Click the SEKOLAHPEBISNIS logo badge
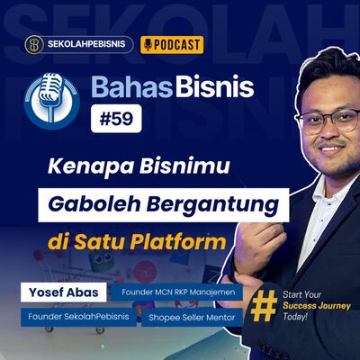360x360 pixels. (79, 44)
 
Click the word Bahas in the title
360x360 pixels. (126, 87)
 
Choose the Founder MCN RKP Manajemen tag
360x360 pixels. (188, 293)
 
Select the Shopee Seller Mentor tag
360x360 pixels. (192, 317)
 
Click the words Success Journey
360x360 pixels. (311, 305)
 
